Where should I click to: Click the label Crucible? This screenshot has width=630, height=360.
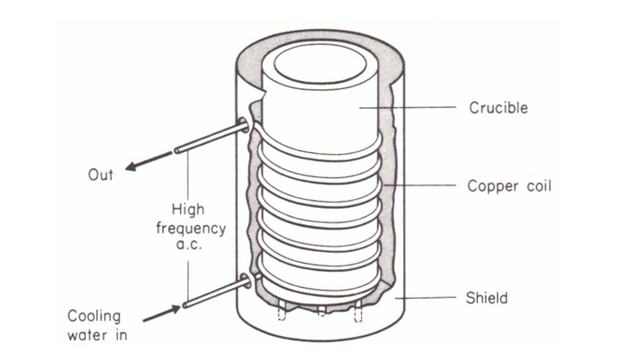pos(499,108)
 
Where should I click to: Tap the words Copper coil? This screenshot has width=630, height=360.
pos(509,185)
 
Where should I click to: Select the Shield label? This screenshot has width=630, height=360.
pos(487,298)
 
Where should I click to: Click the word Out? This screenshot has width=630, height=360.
pos(101,175)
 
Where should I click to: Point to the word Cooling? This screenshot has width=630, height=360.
pos(94,316)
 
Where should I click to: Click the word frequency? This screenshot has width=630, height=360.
pos(191,229)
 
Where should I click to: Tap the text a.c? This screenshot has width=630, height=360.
pos(189,244)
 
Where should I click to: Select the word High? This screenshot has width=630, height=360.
pos(188,210)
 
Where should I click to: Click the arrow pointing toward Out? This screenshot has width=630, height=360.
pos(149,161)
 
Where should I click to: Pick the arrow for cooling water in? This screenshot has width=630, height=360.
pos(162,313)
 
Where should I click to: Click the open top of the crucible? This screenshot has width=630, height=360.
pos(319,64)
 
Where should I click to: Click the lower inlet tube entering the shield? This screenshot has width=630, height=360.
pos(217,293)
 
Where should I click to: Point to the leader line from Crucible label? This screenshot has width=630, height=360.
pos(408,108)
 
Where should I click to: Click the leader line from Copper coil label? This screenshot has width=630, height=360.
pos(420,185)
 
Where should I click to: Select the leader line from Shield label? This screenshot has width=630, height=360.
pos(426,298)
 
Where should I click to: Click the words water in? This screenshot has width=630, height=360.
pos(97,335)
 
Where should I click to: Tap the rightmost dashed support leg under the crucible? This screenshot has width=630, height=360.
pos(358,311)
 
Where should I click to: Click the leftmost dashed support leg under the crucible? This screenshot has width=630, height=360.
pos(282,310)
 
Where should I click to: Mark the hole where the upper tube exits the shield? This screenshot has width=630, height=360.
pos(244,125)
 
